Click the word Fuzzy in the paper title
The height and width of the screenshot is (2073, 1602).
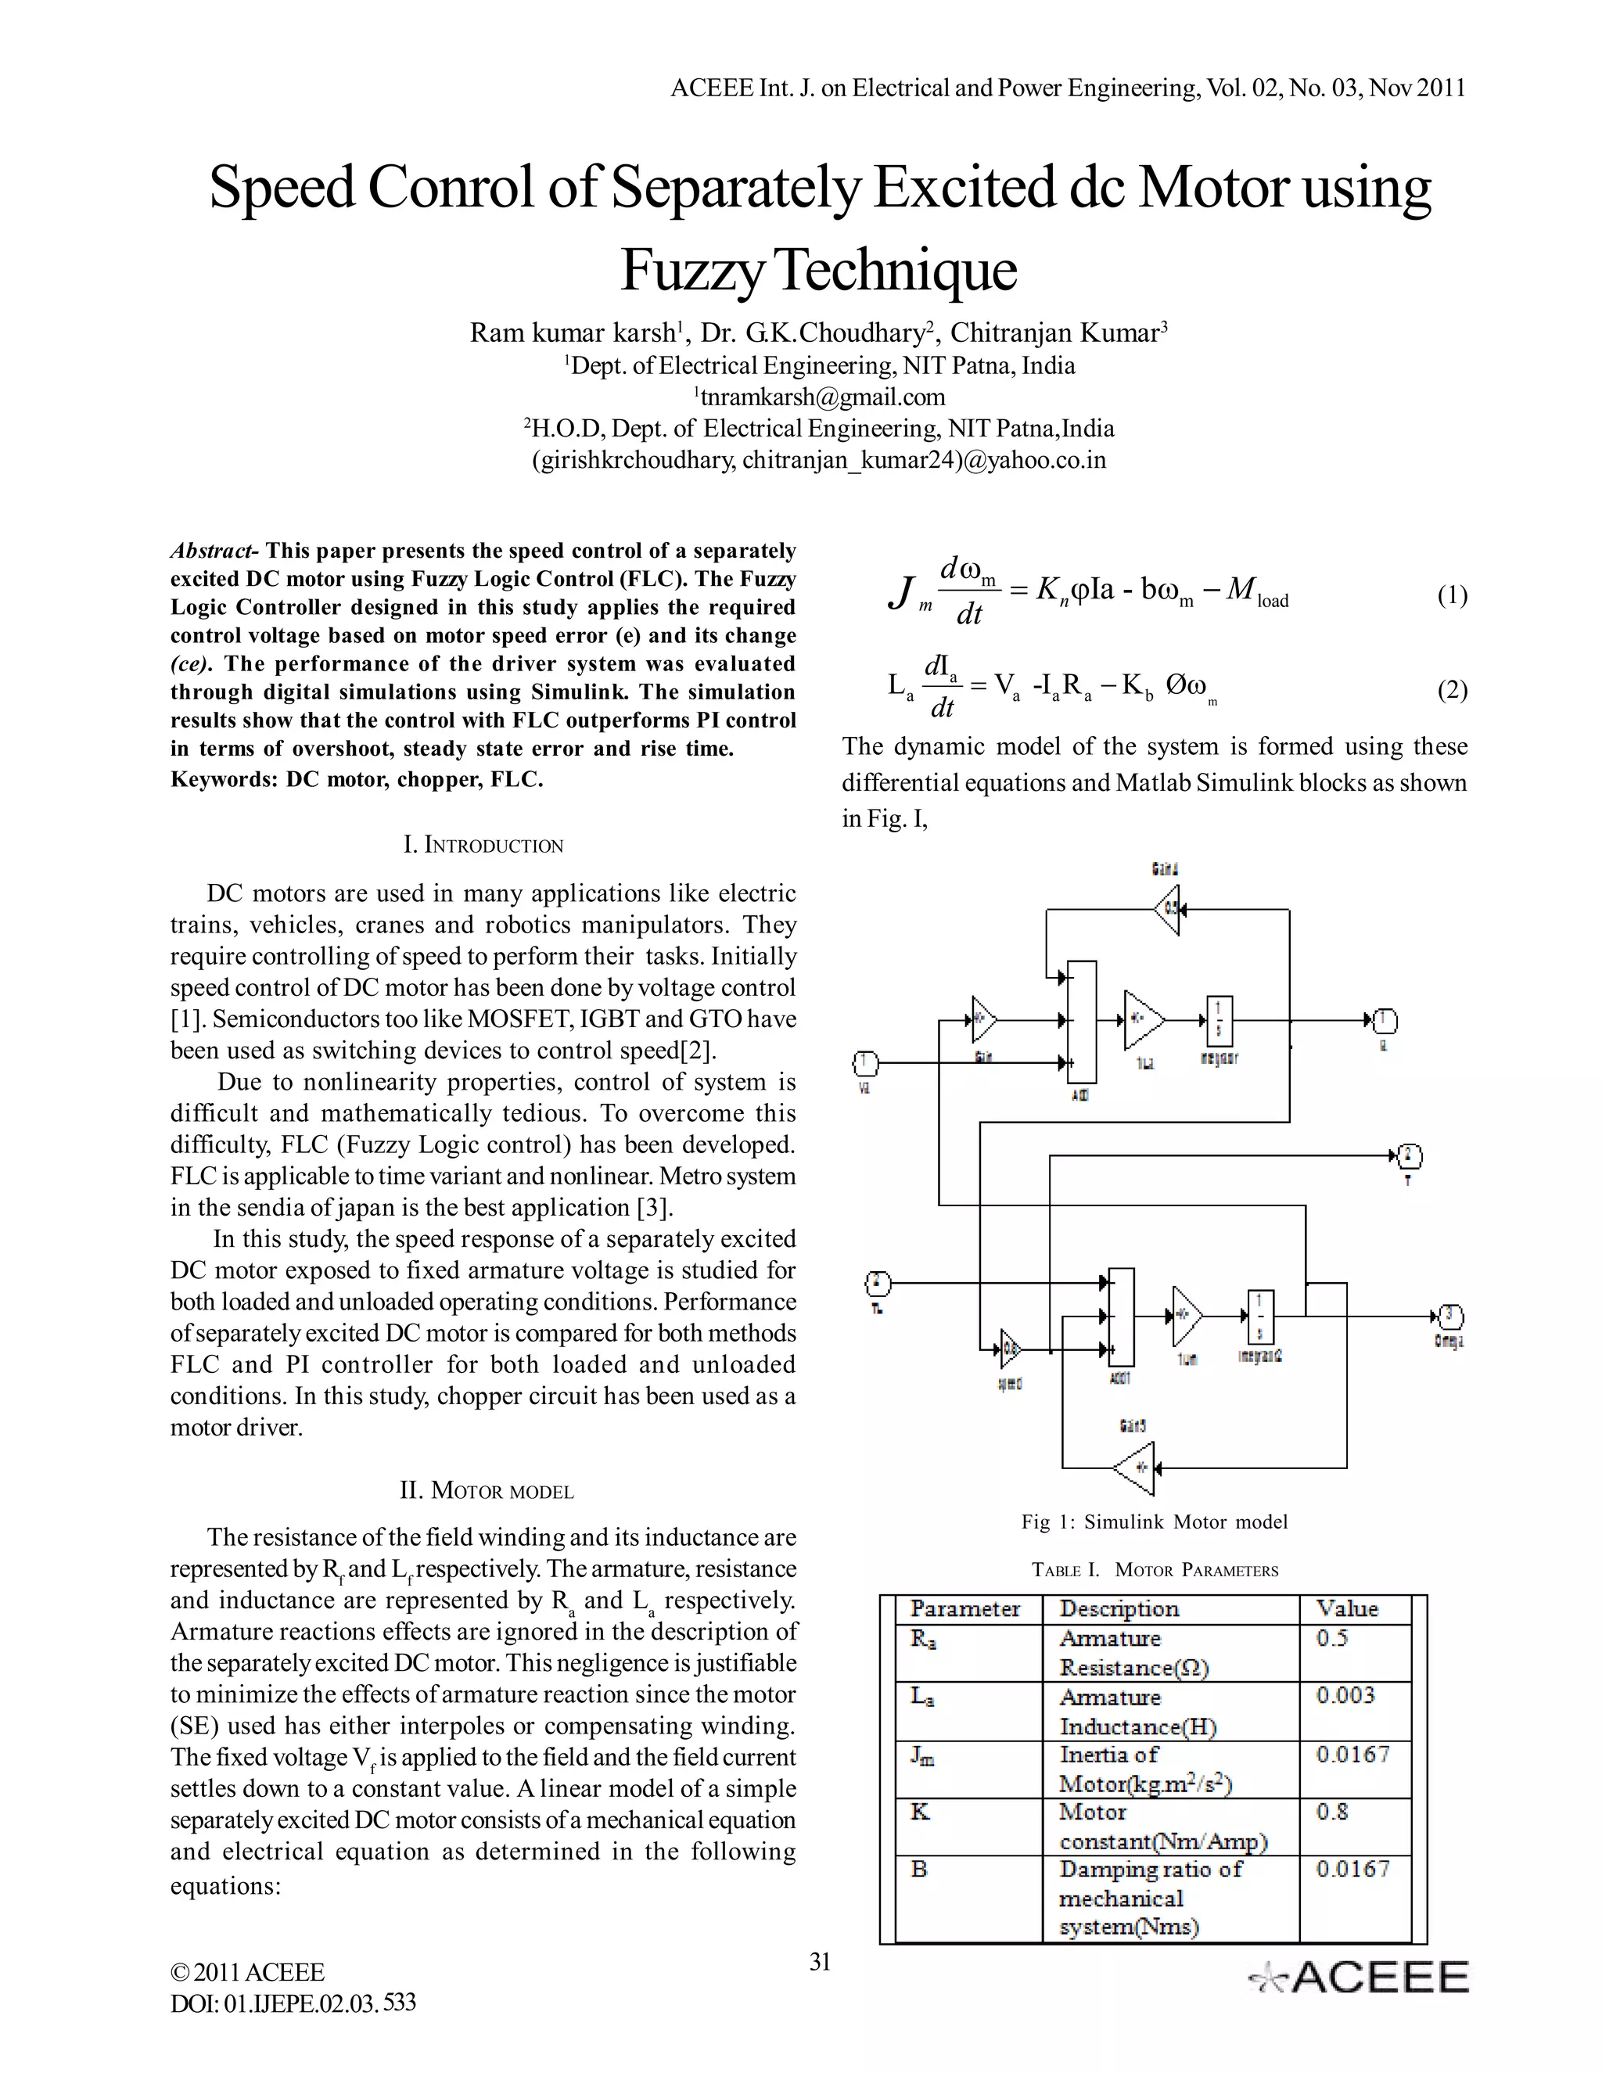[691, 271]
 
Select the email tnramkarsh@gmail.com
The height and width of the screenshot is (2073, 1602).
[821, 397]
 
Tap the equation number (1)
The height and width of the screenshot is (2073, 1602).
[1451, 595]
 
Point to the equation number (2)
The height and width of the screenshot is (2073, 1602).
[1451, 689]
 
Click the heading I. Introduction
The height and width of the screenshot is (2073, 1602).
[483, 845]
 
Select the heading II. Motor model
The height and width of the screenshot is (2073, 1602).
[486, 1490]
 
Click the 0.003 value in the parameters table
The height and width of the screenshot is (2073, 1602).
[1345, 1695]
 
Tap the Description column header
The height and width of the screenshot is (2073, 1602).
[1119, 1609]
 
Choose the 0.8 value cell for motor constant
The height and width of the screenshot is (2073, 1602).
[1331, 1812]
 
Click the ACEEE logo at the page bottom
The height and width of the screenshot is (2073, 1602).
[1359, 1977]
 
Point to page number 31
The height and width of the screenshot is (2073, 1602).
[820, 1961]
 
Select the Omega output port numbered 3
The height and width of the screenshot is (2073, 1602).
[1449, 1317]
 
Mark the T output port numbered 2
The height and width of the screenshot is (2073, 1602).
[1410, 1156]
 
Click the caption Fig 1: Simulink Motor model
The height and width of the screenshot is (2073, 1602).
[1154, 1522]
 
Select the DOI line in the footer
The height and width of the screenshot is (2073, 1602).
[293, 2003]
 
